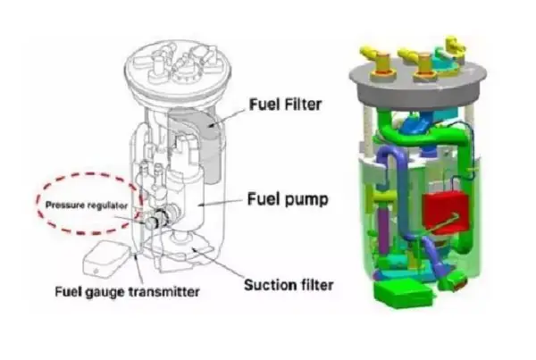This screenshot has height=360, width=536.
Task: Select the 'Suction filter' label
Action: pyautogui.click(x=289, y=286)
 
